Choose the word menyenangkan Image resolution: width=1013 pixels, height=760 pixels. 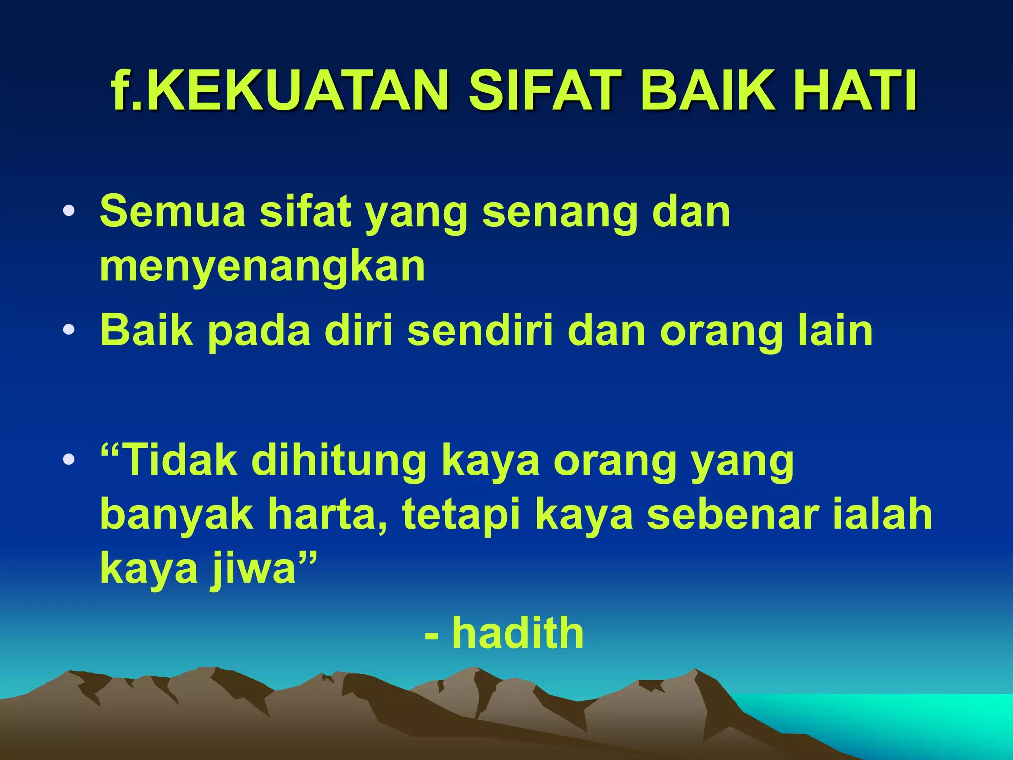click(263, 267)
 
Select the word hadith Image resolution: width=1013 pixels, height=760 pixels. click(518, 633)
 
